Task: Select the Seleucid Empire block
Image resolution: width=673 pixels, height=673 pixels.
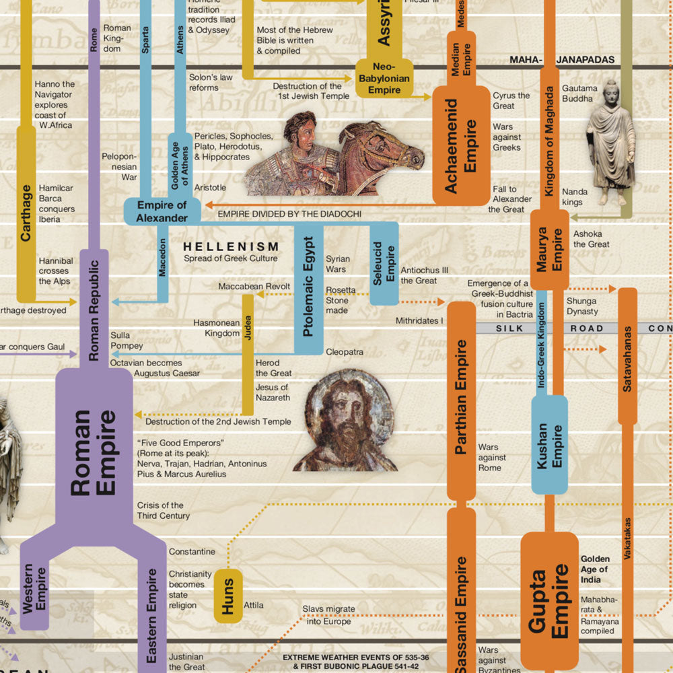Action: tap(384, 264)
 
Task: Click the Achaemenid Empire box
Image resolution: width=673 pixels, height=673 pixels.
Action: tap(461, 145)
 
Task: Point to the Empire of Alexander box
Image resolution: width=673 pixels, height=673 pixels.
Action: tap(162, 211)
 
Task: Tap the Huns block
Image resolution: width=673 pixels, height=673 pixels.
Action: tap(228, 596)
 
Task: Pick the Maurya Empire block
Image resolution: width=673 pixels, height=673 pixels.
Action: tap(550, 250)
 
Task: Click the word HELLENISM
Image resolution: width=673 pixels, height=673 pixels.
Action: tap(231, 247)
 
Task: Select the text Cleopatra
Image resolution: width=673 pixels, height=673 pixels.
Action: tap(345, 352)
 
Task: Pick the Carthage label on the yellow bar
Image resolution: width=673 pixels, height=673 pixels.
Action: tap(26, 213)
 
